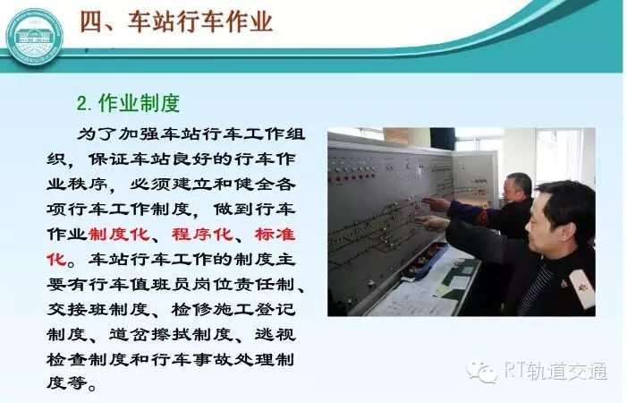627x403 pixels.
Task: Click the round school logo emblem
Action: pyautogui.click(x=35, y=37)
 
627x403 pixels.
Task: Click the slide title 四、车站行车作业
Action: pyautogui.click(x=176, y=21)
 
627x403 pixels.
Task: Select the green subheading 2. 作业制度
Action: pyautogui.click(x=129, y=103)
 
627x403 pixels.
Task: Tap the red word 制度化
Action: pyautogui.click(x=119, y=234)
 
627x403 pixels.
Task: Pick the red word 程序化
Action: pyautogui.click(x=202, y=234)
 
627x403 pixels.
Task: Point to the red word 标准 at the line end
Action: pyautogui.click(x=275, y=234)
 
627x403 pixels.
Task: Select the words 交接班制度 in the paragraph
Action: pyautogui.click(x=98, y=309)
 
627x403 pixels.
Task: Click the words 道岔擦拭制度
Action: pyautogui.click(x=171, y=334)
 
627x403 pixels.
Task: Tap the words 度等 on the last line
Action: pyautogui.click(x=67, y=383)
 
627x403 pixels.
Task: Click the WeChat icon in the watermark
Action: pyautogui.click(x=481, y=372)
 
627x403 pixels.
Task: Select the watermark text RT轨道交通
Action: pyautogui.click(x=555, y=371)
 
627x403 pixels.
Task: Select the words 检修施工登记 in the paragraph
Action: pyautogui.click(x=233, y=309)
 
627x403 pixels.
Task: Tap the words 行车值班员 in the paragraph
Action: pyautogui.click(x=140, y=284)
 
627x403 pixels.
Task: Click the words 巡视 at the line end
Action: pyautogui.click(x=275, y=334)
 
